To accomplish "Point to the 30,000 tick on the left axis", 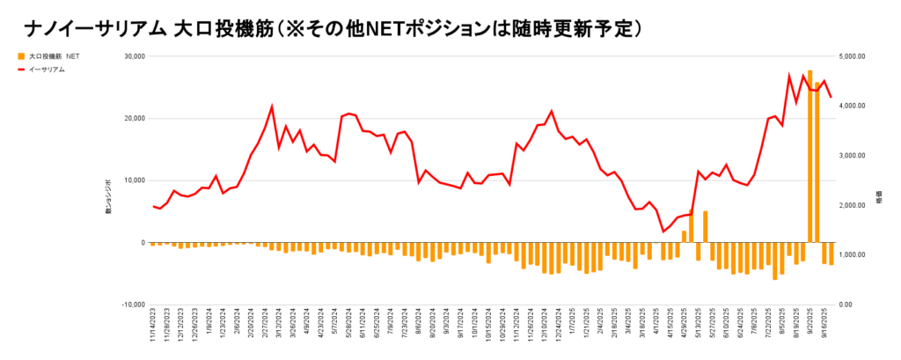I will click(132, 56).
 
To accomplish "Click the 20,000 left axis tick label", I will click(132, 119).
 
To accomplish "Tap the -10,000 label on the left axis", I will click(130, 305).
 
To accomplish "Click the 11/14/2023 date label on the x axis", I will click(153, 328).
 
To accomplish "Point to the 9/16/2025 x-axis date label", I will click(824, 328).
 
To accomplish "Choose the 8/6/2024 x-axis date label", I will click(419, 328).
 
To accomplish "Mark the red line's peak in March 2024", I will click(272, 107).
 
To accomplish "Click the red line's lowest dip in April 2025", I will click(663, 231).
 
